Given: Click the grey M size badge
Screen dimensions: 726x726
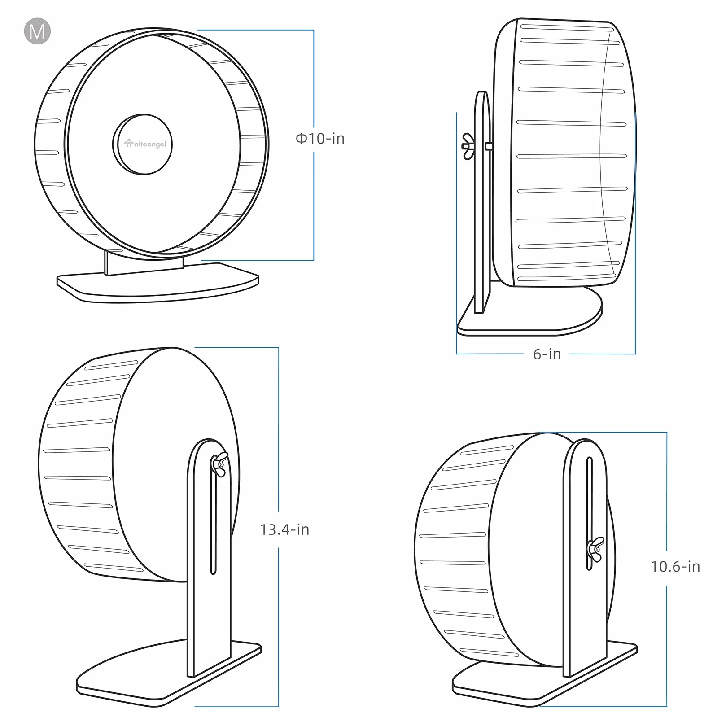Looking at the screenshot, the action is (x=37, y=31).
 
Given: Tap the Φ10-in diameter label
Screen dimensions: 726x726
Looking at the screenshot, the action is (x=320, y=139).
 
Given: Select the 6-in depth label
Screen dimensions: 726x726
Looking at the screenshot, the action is (x=547, y=354).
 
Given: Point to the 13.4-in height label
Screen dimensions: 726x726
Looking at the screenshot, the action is (x=284, y=529).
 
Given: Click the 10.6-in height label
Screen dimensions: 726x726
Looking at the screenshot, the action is (x=675, y=567).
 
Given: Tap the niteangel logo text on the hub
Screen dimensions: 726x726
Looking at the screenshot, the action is (x=145, y=144).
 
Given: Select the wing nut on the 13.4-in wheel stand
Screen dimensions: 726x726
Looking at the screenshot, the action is (x=219, y=464).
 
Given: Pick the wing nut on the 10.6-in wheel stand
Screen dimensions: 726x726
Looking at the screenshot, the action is (x=595, y=549).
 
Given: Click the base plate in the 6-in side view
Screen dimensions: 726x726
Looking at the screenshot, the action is (x=529, y=314).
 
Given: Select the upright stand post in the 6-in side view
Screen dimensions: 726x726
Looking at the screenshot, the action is (x=482, y=202).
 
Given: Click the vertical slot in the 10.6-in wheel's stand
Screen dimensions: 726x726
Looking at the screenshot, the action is (x=590, y=513).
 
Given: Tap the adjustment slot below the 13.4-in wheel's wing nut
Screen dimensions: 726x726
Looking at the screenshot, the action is (x=214, y=525).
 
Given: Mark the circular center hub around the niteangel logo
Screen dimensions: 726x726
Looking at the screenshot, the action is (x=142, y=144).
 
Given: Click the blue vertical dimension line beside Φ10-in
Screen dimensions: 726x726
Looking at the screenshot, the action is (x=313, y=145).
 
